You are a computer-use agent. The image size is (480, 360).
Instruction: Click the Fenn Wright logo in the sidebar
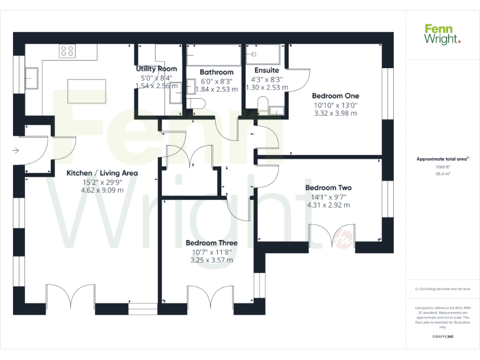tap(442, 34)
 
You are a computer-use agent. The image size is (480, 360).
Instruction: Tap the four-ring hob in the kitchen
tap(67, 51)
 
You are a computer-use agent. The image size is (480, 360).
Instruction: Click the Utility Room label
tap(156, 69)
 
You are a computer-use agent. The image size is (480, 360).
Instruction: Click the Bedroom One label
tap(336, 96)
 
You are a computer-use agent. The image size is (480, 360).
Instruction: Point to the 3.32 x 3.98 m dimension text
tap(336, 114)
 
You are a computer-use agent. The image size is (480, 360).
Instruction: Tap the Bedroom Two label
tap(328, 187)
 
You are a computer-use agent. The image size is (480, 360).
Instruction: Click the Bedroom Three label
tap(211, 242)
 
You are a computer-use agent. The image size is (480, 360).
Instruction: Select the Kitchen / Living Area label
tap(102, 173)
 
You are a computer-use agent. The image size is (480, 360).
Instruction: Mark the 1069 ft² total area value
tap(442, 167)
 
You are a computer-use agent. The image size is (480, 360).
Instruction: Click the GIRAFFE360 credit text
tap(442, 336)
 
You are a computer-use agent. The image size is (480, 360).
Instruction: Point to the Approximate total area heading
tap(442, 159)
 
